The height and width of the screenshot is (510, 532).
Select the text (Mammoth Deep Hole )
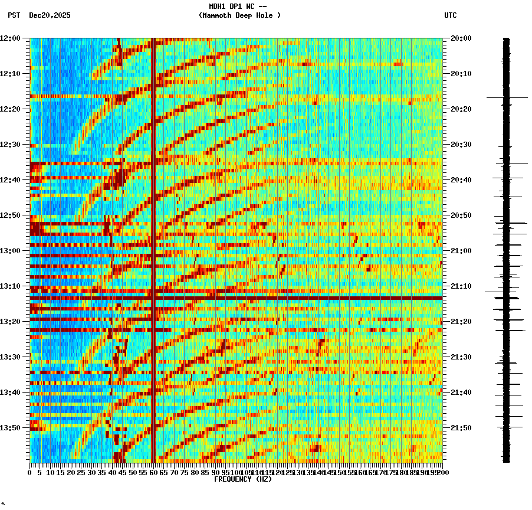(x=239, y=15)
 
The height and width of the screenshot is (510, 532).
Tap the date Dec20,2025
(x=50, y=15)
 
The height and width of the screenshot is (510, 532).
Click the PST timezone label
(x=14, y=15)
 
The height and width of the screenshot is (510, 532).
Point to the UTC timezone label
(x=450, y=15)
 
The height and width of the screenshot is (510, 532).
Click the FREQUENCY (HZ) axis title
(x=243, y=479)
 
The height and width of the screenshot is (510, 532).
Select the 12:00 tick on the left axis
(x=11, y=38)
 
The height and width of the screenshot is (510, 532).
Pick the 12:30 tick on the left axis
(x=11, y=145)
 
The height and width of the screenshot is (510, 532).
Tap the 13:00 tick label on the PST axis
(x=11, y=251)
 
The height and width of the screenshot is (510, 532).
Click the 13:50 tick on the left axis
(x=11, y=428)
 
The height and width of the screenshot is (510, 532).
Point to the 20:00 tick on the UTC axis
(x=461, y=38)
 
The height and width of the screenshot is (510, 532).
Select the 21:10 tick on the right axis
(x=461, y=286)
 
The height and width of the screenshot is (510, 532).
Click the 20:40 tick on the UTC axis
(x=461, y=180)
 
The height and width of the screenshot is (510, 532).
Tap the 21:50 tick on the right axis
(x=461, y=428)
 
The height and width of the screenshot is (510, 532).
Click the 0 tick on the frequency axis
(x=30, y=472)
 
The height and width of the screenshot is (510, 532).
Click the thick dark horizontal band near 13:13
(x=236, y=298)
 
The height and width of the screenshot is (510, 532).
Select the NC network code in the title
(x=251, y=6)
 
